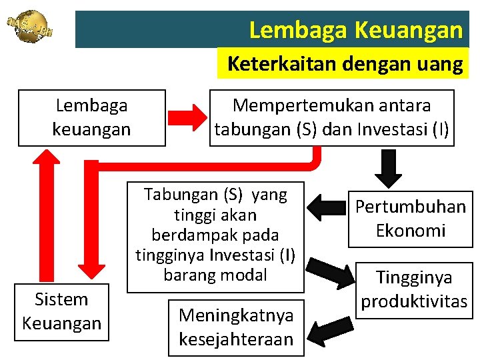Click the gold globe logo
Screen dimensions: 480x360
(x=29, y=27)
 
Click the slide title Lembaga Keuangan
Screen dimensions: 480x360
(x=355, y=29)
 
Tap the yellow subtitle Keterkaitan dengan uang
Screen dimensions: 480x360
(x=345, y=65)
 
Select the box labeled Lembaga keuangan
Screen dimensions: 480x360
(x=91, y=117)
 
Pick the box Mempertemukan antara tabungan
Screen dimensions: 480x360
(x=332, y=117)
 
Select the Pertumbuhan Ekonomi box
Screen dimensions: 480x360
(x=410, y=219)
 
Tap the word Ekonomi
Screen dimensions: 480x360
(x=410, y=231)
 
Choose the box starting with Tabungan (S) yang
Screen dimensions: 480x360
(x=215, y=235)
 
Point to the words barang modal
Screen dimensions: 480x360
(x=215, y=275)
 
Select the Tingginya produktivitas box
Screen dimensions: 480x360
(x=413, y=289)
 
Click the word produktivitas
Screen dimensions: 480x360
(x=413, y=301)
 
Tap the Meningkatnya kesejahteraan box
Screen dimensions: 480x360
(x=236, y=327)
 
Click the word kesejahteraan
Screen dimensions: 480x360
(x=236, y=339)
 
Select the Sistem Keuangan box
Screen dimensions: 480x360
(x=61, y=311)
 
